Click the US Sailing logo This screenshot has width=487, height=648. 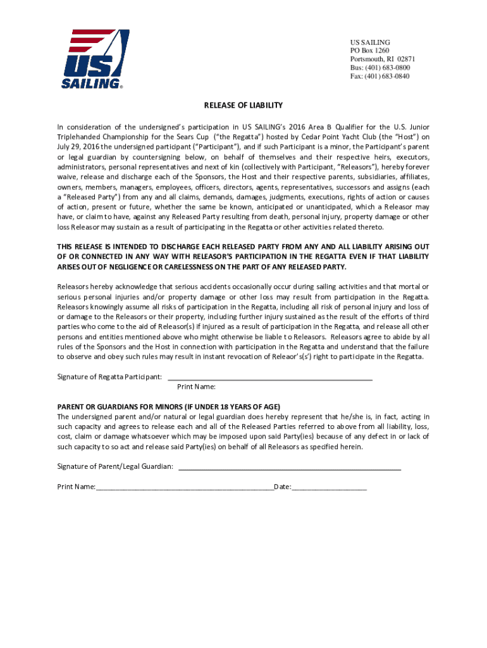click(x=95, y=58)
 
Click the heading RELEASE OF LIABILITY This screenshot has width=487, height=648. click(x=243, y=105)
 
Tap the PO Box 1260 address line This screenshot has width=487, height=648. click(x=369, y=51)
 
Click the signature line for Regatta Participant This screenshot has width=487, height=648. click(x=269, y=378)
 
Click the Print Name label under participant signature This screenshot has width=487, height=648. click(x=196, y=387)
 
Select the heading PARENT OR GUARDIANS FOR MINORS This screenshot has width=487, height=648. click(x=169, y=407)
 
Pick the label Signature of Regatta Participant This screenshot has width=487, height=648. click(x=109, y=377)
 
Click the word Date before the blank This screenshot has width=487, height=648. click(x=281, y=487)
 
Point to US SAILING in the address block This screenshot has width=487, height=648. click(x=370, y=42)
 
